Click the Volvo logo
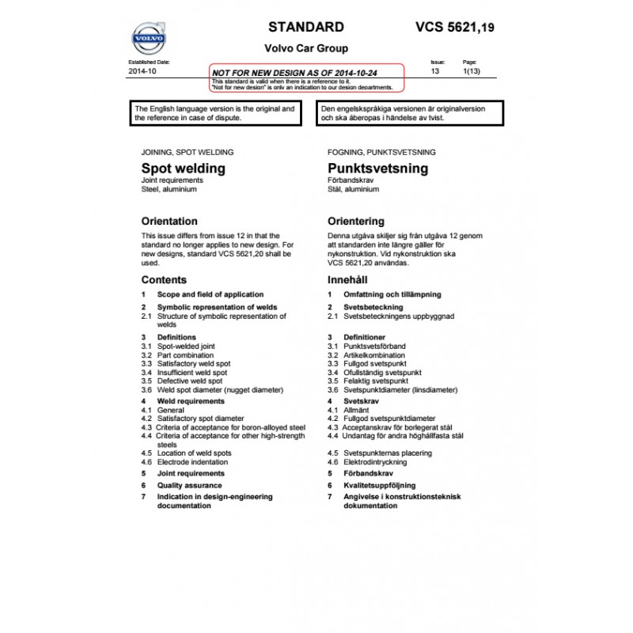click(x=148, y=38)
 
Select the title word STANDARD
click(x=306, y=27)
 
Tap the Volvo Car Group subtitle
click(x=306, y=48)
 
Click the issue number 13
click(x=434, y=71)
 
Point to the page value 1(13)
click(x=471, y=71)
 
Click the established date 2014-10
click(x=142, y=71)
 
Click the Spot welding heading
click(x=183, y=168)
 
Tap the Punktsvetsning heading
click(x=377, y=168)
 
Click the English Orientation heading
click(x=169, y=222)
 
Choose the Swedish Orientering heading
click(x=356, y=222)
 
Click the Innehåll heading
click(x=347, y=280)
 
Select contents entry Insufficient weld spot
click(x=192, y=372)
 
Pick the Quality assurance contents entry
click(x=190, y=485)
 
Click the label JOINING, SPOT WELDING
click(x=187, y=151)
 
